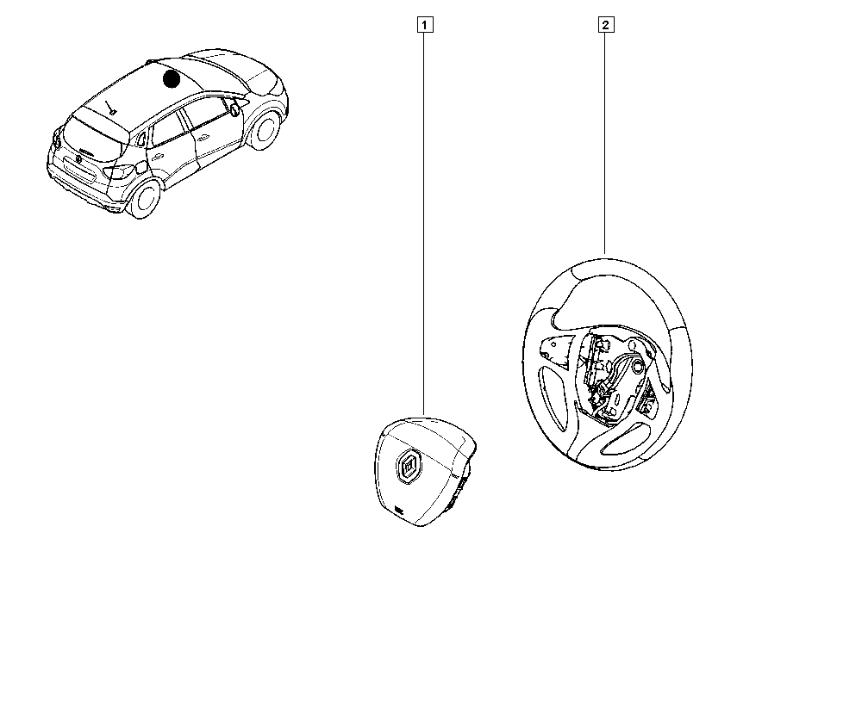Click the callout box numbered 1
[424, 24]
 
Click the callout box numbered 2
[605, 24]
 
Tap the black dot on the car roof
[172, 79]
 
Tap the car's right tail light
[116, 170]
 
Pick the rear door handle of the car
[159, 156]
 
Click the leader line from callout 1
[424, 215]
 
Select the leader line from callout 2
[605, 138]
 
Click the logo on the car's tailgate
[79, 158]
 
